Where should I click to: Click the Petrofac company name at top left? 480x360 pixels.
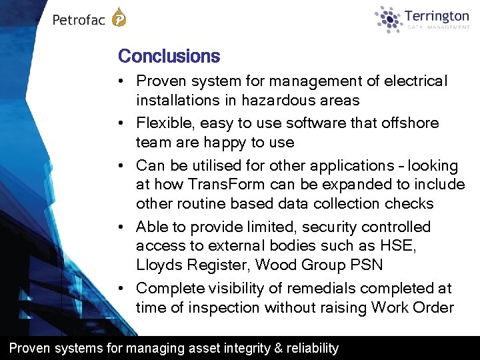tap(79, 20)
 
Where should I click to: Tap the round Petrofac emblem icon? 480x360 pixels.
tap(119, 17)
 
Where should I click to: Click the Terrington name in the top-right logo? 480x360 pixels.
tap(437, 15)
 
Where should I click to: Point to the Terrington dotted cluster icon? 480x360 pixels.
tap(389, 19)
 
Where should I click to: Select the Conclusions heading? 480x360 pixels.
tap(169, 56)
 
